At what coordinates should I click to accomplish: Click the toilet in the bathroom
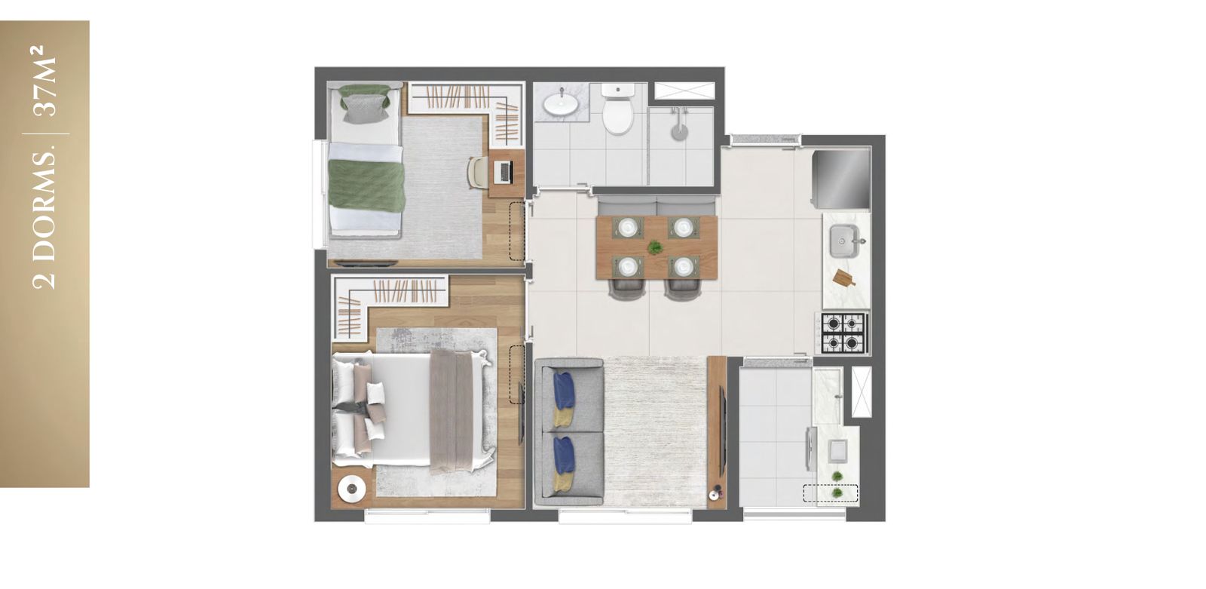617,109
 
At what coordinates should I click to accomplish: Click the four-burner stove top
843,333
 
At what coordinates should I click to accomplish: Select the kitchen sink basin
844,241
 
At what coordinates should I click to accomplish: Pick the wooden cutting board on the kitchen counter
843,278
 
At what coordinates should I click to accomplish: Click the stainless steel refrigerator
841,179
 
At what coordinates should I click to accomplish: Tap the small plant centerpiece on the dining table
655,247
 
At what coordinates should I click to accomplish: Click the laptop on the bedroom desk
505,172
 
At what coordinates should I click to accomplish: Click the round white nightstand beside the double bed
352,489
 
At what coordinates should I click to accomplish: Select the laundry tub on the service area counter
837,450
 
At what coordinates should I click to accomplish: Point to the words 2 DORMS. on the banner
44,220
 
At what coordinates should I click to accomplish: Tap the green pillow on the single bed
365,103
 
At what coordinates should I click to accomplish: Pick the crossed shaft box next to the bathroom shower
684,90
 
